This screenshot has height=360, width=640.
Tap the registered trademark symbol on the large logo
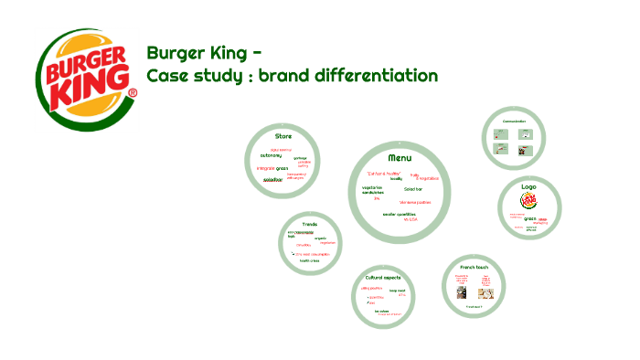tap(133, 93)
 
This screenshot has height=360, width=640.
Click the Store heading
tap(283, 135)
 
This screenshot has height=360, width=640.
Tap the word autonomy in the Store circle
tap(272, 155)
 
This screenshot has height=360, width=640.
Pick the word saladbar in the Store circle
tap(272, 180)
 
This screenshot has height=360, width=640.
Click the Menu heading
tap(399, 157)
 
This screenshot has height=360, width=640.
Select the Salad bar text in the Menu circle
tap(413, 188)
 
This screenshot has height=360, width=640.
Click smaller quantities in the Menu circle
tap(400, 214)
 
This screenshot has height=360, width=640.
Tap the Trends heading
tap(310, 224)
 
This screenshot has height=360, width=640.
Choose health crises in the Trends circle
tap(310, 260)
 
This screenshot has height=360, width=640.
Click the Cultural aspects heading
tap(384, 277)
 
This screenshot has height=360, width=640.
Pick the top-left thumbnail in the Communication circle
tap(501, 133)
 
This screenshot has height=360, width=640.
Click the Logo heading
tap(528, 186)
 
